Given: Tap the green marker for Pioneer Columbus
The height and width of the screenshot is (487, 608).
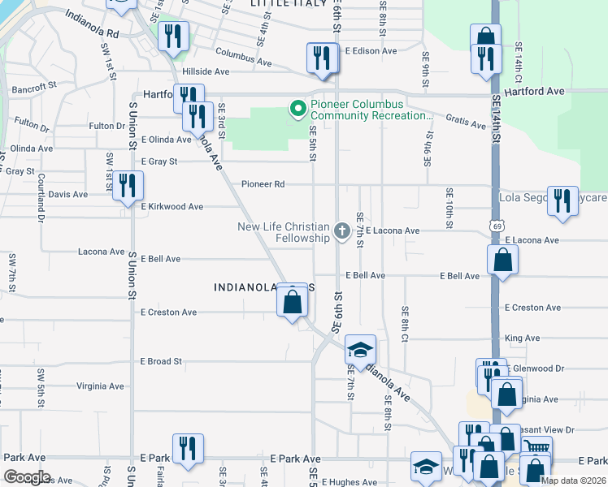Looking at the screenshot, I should click(x=297, y=106).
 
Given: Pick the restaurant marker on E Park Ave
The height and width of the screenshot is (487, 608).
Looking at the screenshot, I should click(x=188, y=449).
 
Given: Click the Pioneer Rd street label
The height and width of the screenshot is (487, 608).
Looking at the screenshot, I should click(x=263, y=184).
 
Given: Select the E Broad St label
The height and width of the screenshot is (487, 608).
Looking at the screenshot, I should click(x=161, y=361).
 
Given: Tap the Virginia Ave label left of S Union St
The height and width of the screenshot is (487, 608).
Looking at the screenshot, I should click(x=100, y=386).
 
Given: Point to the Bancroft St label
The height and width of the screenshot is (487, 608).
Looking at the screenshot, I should click(x=34, y=84).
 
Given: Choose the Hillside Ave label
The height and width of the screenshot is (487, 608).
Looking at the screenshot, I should click(x=206, y=71).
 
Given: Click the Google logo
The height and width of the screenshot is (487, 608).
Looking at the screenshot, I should click(x=27, y=476).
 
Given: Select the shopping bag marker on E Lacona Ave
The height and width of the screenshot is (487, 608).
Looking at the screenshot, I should click(x=503, y=260).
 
